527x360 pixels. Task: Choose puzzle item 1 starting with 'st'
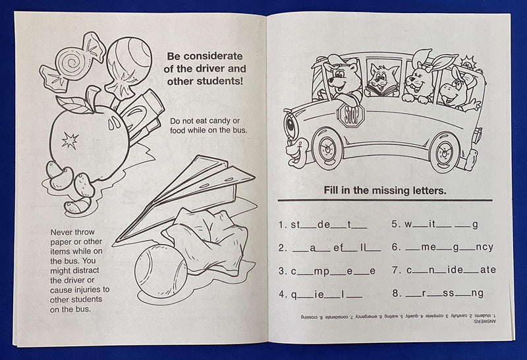[x=322, y=224]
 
